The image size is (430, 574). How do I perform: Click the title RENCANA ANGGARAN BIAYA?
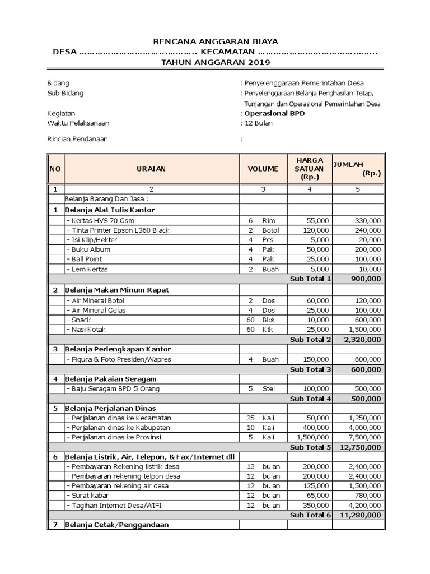216,41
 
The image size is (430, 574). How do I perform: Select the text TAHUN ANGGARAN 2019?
216,62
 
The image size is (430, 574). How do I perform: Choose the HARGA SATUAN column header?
309,168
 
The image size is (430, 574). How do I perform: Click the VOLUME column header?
263,168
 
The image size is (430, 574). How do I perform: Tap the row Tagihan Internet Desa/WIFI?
114,505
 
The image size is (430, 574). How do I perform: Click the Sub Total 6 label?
311,515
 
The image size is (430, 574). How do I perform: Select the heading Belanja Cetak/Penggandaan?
116,525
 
